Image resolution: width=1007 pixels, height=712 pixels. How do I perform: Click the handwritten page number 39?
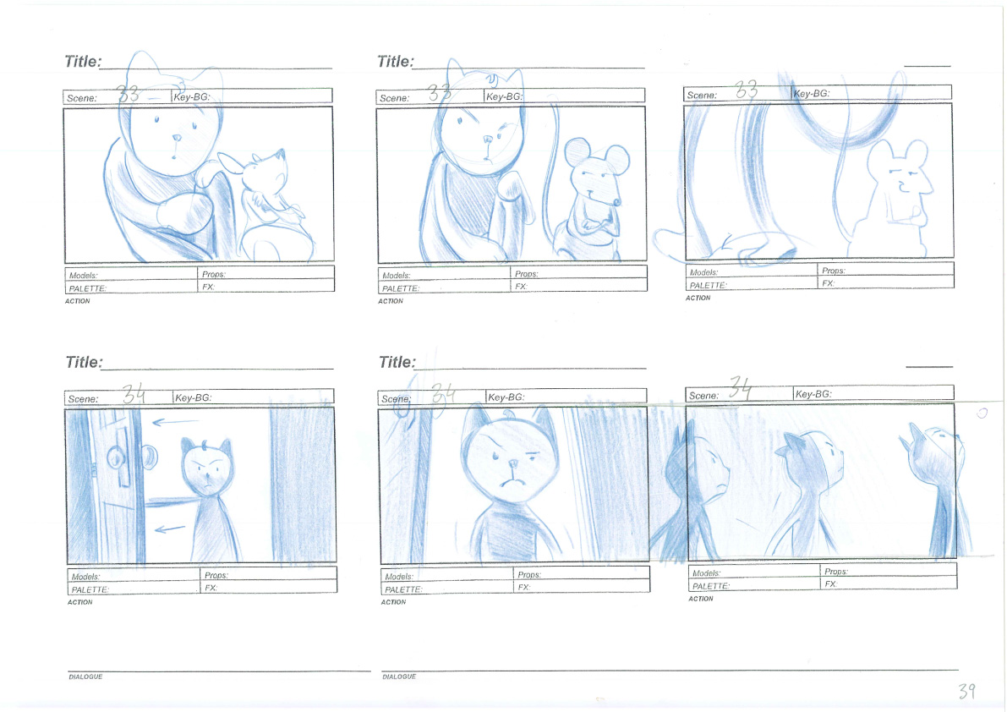tap(966, 691)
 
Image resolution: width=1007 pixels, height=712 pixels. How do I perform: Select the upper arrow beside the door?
tap(175, 422)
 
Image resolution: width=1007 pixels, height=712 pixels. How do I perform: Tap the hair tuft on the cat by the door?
tap(205, 444)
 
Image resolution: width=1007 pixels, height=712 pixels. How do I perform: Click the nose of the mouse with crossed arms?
tap(617, 202)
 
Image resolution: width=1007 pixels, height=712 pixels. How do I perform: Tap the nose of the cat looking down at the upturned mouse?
tap(177, 137)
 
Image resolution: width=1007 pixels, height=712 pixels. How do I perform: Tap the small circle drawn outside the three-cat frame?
tap(982, 413)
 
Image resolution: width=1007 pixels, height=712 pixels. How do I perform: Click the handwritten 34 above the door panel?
tap(134, 393)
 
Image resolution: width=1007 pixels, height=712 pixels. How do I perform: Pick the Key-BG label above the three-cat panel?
tap(813, 393)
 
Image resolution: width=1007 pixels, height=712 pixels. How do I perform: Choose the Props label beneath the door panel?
tap(216, 575)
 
